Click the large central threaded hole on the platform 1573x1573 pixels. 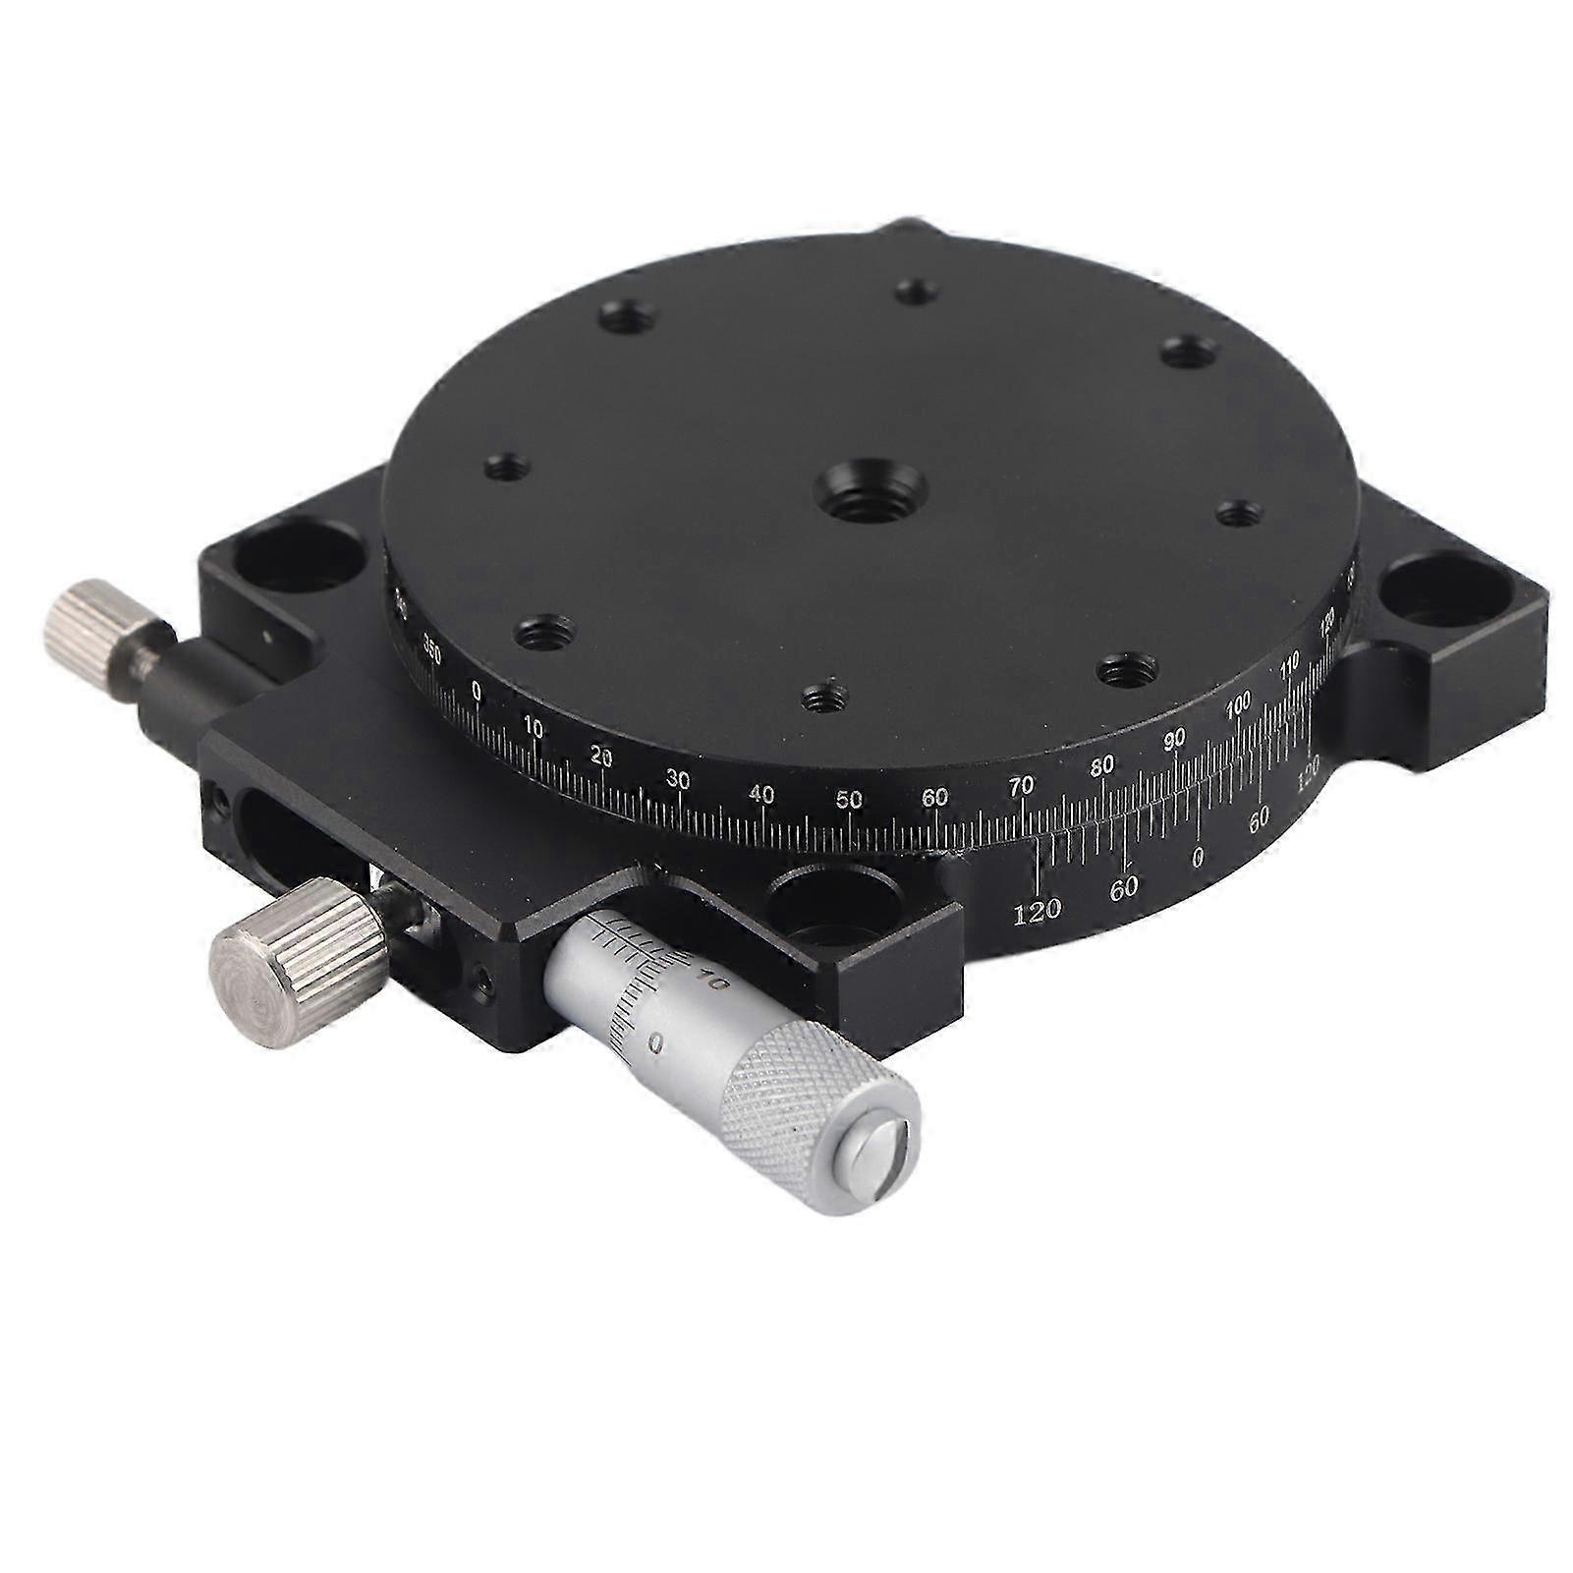coord(871,488)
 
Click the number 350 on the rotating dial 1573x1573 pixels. coord(429,646)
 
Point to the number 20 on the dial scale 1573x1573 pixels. coord(602,758)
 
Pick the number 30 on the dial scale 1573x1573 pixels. coord(678,780)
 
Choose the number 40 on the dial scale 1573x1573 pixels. coord(761,795)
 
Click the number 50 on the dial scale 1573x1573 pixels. coord(849,800)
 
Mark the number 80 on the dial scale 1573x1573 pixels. coord(1102,764)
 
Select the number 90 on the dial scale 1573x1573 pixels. coord(1174,740)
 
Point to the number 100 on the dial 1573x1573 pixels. coord(1238,703)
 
